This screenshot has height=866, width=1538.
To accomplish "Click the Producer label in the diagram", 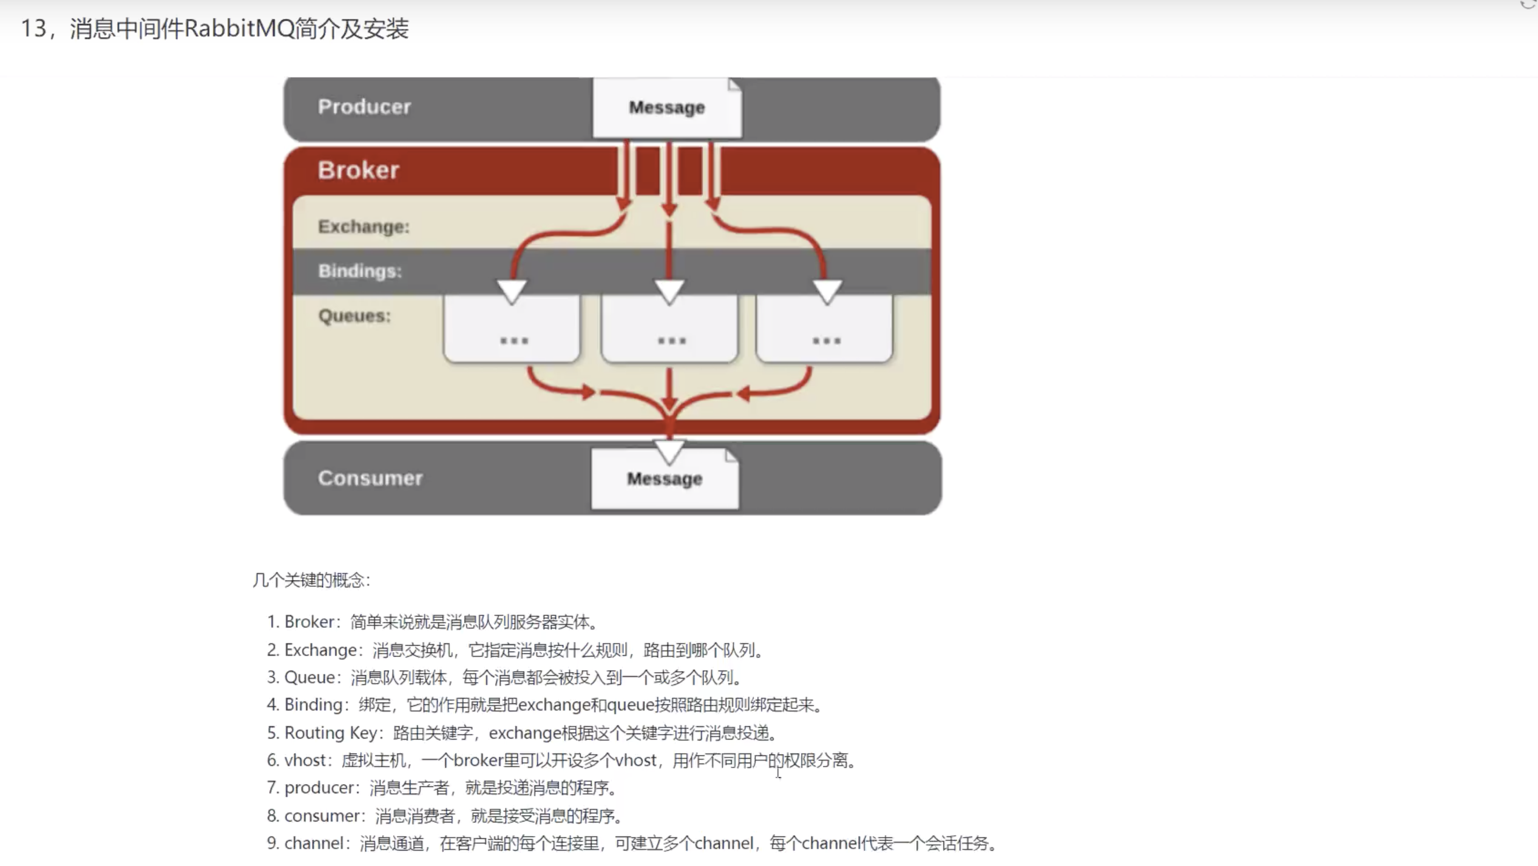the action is (364, 107).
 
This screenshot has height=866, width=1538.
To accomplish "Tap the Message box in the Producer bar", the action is (667, 107).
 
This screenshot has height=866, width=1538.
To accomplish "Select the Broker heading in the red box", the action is (358, 170).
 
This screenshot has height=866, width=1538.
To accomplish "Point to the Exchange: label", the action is (364, 227).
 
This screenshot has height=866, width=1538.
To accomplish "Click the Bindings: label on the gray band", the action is (360, 271).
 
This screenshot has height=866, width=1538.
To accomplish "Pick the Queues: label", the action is (354, 316).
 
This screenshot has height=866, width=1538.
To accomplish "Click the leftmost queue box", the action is (512, 329).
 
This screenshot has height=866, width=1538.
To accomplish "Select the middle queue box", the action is (669, 329).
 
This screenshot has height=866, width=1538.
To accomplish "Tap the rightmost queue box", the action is (824, 329).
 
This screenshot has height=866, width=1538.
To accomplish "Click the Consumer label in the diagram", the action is (370, 478).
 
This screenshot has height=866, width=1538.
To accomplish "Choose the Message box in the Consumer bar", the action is (665, 479).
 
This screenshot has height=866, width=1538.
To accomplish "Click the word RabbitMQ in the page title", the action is (239, 29).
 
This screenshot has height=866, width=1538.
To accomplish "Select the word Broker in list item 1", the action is (310, 622).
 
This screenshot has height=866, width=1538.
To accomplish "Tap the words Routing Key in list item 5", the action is (331, 733).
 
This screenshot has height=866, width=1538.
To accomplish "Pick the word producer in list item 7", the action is (319, 788).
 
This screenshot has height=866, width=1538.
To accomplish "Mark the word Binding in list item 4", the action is (314, 705).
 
